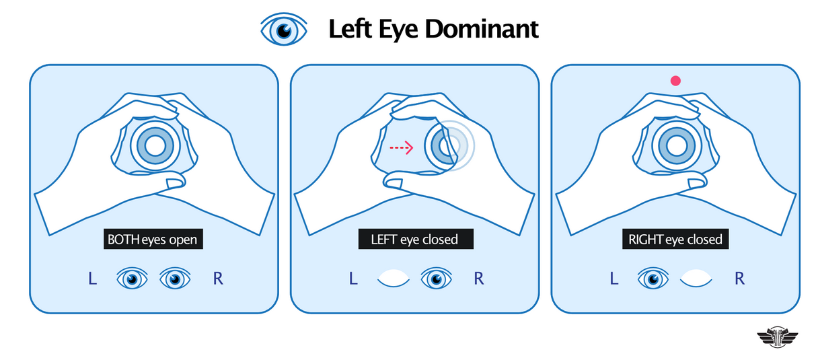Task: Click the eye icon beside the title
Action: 283,30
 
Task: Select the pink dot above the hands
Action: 675,81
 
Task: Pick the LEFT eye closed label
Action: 414,239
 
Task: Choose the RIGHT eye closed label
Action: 675,239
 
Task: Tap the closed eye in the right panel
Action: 696,279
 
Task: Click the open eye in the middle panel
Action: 437,279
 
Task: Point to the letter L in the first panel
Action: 92,279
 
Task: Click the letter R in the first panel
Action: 217,279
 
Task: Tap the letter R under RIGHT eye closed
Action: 739,279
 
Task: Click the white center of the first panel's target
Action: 155,145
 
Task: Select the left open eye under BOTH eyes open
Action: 133,279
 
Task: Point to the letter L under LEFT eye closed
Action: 353,279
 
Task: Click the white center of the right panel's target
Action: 673,145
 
